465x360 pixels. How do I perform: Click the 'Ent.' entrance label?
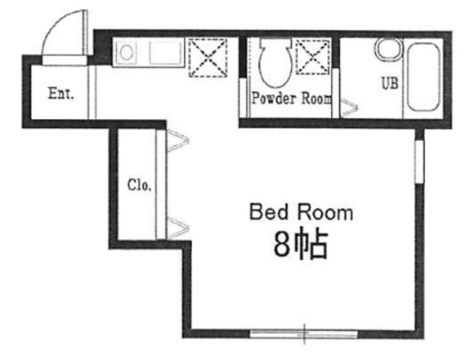(61, 94)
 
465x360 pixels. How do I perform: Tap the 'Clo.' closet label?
(139, 185)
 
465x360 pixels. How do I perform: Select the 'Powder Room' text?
(292, 98)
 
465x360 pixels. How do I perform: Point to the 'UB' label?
(389, 83)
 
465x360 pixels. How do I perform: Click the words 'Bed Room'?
(301, 212)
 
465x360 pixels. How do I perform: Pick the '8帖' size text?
(300, 244)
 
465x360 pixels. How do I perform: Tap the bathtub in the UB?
(423, 77)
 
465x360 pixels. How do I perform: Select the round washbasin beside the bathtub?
(389, 49)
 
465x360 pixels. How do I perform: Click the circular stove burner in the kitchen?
(126, 53)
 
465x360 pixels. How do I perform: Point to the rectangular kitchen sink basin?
(166, 53)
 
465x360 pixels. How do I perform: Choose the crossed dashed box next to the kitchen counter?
(209, 58)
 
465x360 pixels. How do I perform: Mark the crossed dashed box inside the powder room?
(313, 57)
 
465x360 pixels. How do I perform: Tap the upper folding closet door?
(177, 140)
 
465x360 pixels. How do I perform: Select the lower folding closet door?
(177, 228)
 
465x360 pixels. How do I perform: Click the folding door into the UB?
(349, 107)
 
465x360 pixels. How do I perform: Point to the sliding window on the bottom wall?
(304, 334)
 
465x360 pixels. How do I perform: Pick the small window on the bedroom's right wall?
(419, 161)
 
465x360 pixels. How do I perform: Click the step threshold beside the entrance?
(92, 92)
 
